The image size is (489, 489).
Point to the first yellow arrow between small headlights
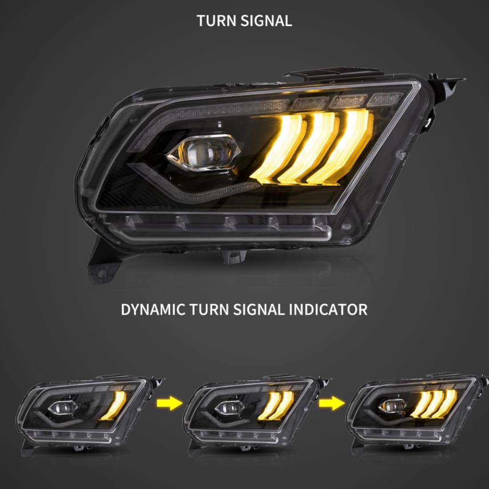(169, 404)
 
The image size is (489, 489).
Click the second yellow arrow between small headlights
(331, 404)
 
